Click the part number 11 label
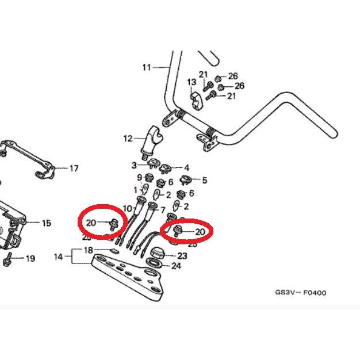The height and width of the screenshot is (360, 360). pos(146,67)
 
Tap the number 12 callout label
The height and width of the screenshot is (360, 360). pos(128,139)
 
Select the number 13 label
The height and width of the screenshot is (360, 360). pos(192,83)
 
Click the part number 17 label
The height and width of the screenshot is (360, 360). pos(74,168)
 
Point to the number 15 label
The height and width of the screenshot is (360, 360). pos(47,223)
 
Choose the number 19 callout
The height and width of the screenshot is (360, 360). pos(30,259)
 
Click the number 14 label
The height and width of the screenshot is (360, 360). pos(58,257)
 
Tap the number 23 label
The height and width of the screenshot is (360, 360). pos(182,255)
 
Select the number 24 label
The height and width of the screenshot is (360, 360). pos(176,266)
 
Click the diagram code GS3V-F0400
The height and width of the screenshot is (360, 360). pos(300,293)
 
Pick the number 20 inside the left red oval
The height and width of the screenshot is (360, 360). pos(91,223)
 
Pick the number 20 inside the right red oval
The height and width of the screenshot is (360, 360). pos(200,232)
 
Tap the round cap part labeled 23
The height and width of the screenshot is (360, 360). pos(156,253)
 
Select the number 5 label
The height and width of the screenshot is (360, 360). pos(204,180)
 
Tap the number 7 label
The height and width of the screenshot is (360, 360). pos(162,209)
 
